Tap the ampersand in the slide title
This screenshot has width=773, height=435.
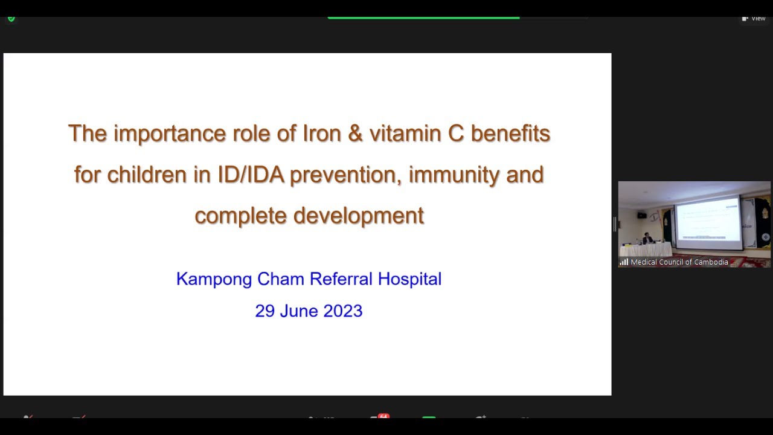[356, 134]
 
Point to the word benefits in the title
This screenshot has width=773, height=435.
[510, 134]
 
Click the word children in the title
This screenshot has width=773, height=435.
[147, 175]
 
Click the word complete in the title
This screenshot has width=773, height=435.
[240, 216]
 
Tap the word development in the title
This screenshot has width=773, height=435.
[359, 216]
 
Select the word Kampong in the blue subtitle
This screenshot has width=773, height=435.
[214, 279]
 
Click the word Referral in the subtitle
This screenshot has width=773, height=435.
[341, 279]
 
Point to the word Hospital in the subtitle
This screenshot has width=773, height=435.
[409, 279]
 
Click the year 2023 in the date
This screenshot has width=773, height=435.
[342, 311]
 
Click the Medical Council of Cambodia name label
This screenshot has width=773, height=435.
[679, 262]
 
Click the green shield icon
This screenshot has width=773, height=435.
[11, 19]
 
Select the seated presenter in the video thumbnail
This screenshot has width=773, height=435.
[647, 239]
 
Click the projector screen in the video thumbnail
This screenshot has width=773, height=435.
[708, 222]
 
